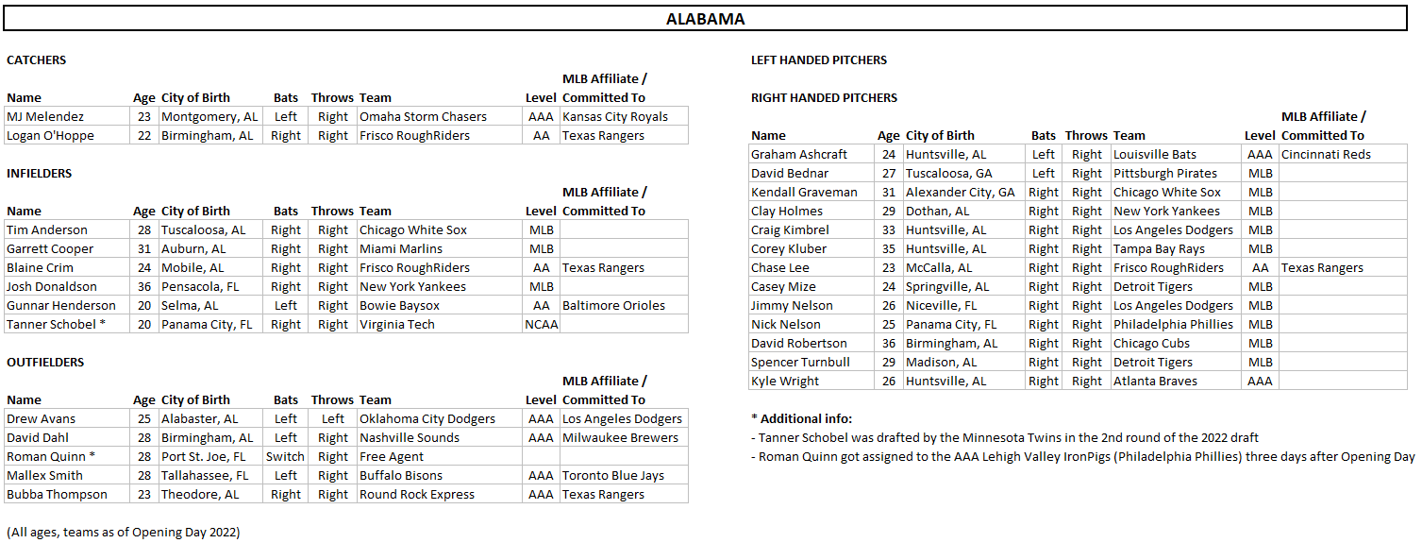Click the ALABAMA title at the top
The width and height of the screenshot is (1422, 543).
[x=705, y=19]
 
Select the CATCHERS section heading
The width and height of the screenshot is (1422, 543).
[x=37, y=59]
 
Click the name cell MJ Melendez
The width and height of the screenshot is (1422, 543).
[x=45, y=116]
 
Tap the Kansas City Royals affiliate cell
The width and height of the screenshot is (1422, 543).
[x=615, y=116]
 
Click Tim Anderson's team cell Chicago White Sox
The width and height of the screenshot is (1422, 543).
[x=413, y=229]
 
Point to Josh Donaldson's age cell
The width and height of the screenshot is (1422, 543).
[x=144, y=286]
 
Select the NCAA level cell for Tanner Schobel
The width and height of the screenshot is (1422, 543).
[x=542, y=324]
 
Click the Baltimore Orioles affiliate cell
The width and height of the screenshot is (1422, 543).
[x=613, y=305]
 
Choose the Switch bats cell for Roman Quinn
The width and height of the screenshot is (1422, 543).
[x=285, y=456]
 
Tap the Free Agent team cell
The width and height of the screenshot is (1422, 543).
[x=392, y=456]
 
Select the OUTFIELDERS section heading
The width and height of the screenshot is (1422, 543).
[x=45, y=362]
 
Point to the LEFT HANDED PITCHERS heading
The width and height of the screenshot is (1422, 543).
[x=819, y=59]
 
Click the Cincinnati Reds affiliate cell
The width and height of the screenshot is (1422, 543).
[x=1326, y=154]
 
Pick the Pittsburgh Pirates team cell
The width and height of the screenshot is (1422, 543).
[x=1165, y=173]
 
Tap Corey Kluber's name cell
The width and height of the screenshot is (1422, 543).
[x=789, y=248]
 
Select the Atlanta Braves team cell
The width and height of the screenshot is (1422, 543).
[x=1155, y=381]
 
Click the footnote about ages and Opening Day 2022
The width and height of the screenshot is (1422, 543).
[x=124, y=532]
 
